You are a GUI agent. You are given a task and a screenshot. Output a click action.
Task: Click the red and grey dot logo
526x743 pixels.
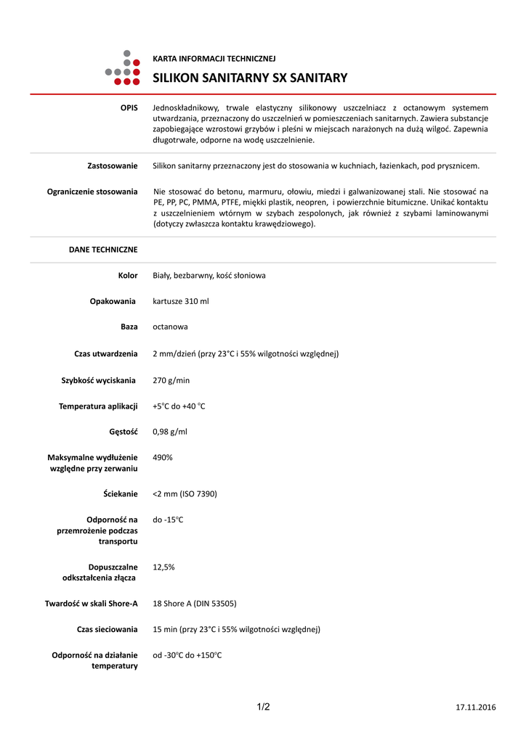[x=122, y=67]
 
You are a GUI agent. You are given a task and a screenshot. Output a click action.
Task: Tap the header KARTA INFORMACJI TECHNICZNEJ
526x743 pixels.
[x=214, y=59]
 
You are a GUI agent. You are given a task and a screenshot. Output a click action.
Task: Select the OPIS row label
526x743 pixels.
[x=129, y=107]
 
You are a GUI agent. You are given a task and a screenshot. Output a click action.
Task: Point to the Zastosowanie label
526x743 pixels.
[x=112, y=166]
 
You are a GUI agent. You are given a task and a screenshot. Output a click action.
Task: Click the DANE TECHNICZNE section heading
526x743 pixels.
[x=103, y=250]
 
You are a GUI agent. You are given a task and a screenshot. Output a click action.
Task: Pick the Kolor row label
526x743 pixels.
[x=128, y=276]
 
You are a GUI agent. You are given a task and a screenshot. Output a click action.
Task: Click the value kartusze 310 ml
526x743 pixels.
[x=181, y=301]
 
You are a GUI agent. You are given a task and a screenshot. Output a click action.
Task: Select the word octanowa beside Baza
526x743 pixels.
[x=170, y=327]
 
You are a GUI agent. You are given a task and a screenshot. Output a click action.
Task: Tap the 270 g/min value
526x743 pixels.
[x=171, y=380]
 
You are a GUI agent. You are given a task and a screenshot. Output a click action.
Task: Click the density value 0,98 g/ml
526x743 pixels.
[x=170, y=432]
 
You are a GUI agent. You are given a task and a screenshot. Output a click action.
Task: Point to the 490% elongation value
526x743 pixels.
[x=163, y=458]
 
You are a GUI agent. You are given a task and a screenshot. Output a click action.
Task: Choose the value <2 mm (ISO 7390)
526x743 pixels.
[x=185, y=494]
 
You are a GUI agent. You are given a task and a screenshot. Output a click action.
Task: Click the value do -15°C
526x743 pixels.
[x=168, y=520]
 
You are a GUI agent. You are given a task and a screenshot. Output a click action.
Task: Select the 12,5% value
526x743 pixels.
[x=163, y=567]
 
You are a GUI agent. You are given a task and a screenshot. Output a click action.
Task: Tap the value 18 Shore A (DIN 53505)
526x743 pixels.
[x=194, y=604]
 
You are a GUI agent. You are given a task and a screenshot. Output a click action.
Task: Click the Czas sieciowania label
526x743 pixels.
[x=107, y=630]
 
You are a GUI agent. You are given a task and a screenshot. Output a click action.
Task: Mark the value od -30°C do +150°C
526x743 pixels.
[x=187, y=656]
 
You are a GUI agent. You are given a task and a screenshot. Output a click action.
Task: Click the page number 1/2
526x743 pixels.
[x=263, y=707]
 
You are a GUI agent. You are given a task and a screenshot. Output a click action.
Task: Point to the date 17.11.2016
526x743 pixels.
[x=476, y=707]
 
